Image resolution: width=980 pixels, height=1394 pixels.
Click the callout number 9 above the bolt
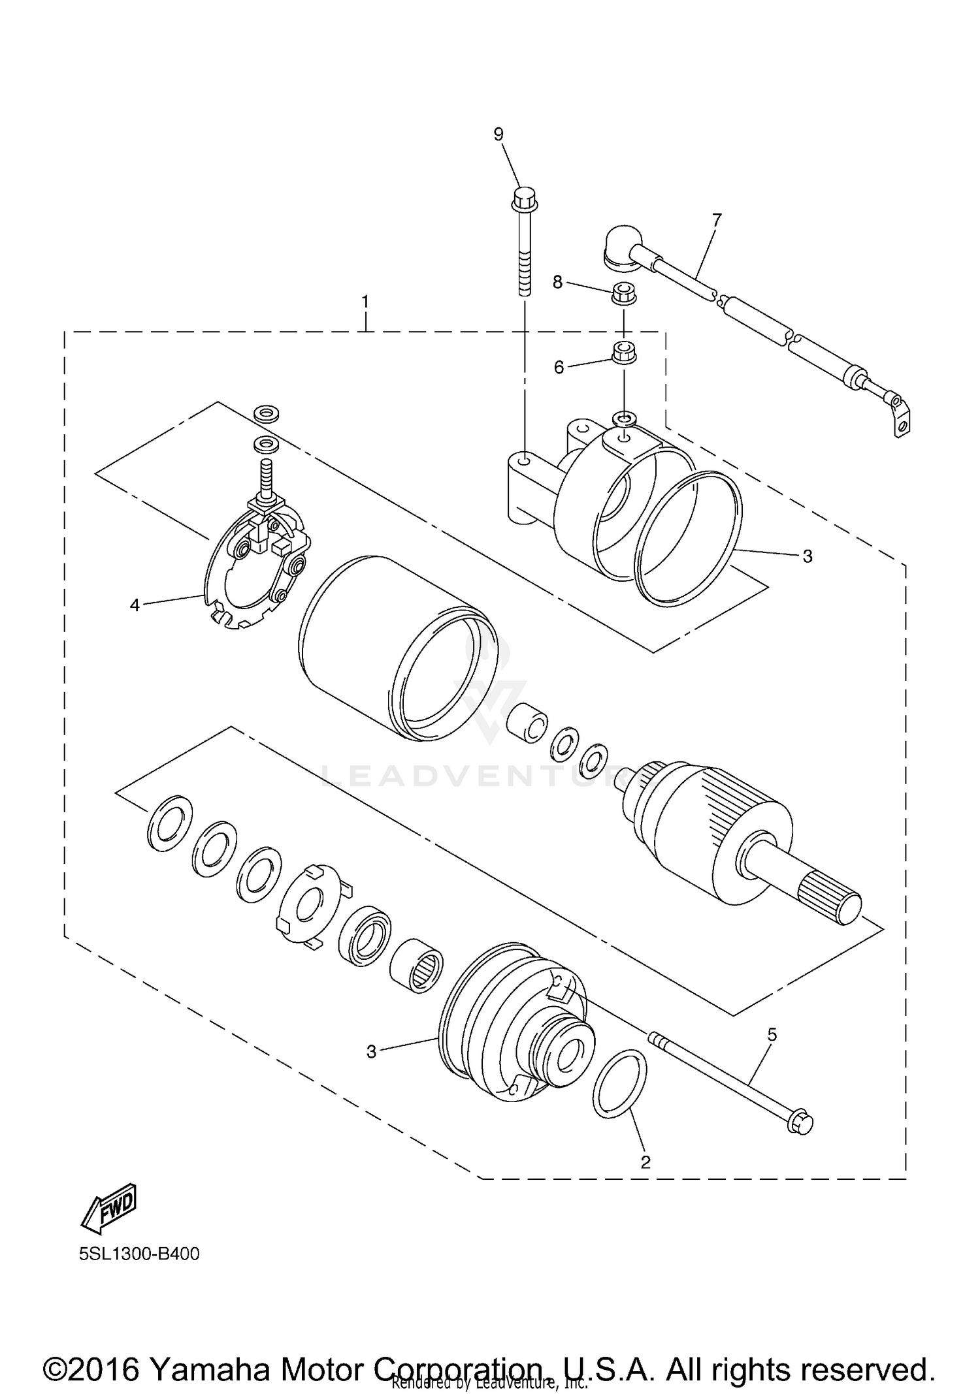pyautogui.click(x=498, y=135)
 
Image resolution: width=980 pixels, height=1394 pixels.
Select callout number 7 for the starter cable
pyautogui.click(x=717, y=220)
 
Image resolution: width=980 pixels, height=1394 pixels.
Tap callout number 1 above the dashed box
pyautogui.click(x=366, y=302)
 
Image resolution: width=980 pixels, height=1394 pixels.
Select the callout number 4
pyautogui.click(x=135, y=605)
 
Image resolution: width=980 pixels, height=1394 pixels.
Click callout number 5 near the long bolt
pyautogui.click(x=772, y=1034)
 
